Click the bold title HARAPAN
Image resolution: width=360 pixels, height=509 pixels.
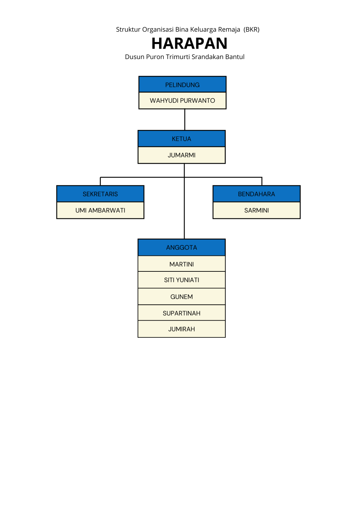[189, 43]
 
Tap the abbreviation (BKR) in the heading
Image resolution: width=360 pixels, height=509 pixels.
[251, 29]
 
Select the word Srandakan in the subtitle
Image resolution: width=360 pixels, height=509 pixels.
[208, 57]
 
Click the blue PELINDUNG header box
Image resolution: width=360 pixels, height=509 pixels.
[182, 85]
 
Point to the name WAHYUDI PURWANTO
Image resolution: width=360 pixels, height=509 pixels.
[182, 101]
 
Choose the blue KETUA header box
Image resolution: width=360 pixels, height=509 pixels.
[182, 139]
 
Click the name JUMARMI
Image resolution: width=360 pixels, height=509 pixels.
[182, 155]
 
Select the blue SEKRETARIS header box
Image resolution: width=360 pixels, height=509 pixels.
[100, 194]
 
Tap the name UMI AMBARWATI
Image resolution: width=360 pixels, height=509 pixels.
[100, 210]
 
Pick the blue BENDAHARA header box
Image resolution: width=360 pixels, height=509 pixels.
[256, 194]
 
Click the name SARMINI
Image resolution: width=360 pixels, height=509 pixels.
[256, 210]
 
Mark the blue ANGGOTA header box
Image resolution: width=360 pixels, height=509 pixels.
[182, 248]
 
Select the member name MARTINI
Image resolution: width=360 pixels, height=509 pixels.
[182, 264]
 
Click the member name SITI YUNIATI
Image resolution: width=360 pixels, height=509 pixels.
[182, 280]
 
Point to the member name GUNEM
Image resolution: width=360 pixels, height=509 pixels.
[182, 297]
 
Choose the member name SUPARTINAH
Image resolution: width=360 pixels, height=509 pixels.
[182, 313]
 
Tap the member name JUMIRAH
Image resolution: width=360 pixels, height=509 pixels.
[182, 329]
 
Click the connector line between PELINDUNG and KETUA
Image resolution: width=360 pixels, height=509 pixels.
[185, 120]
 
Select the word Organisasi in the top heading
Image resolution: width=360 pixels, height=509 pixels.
[158, 29]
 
